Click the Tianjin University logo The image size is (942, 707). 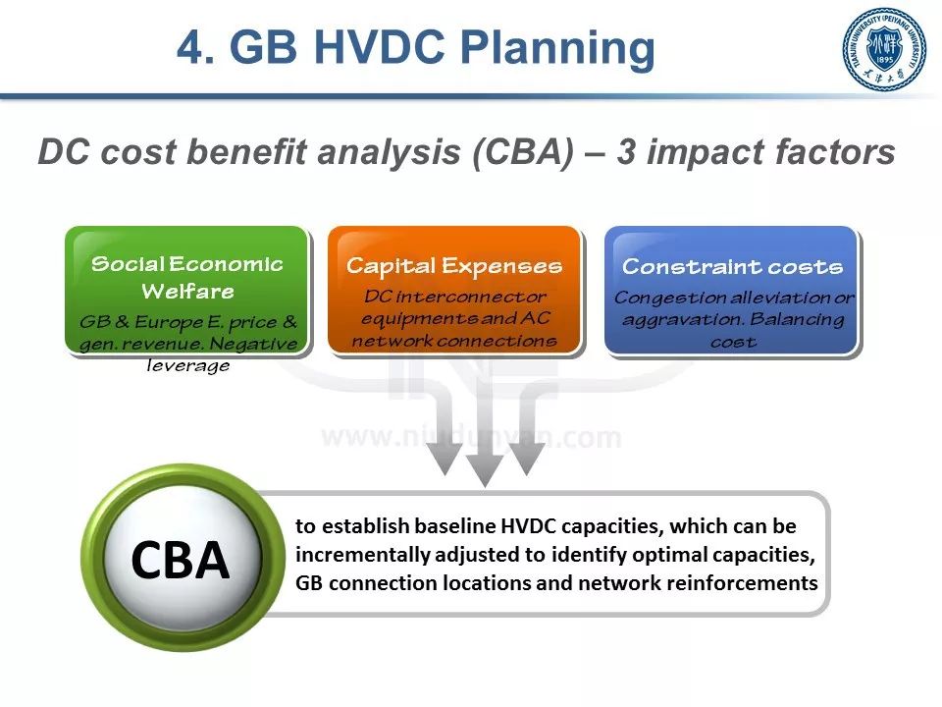coord(884,49)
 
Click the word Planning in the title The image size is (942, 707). coord(557,48)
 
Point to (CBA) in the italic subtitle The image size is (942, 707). coord(523,152)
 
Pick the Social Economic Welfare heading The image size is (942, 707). coord(187,277)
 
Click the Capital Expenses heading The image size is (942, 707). coord(454,266)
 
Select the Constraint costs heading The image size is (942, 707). coord(732,266)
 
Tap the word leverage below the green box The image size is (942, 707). coord(188,365)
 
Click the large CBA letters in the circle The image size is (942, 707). coord(181,561)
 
